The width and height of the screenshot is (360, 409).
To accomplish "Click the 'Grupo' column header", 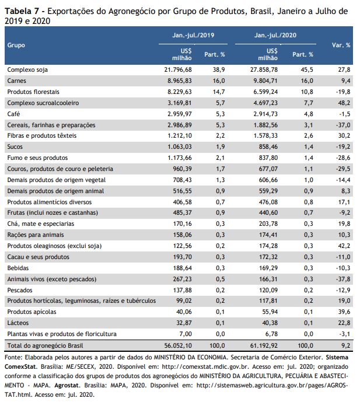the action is (16, 45).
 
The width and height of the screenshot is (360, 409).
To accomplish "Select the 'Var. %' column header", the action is (341, 45).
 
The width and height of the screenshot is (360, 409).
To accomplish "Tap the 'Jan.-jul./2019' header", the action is (193, 35).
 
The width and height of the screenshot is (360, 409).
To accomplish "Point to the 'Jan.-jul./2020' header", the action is (275, 35).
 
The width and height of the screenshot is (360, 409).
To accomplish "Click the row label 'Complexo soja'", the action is (27, 69).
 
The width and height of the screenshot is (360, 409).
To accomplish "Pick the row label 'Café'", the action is (13, 114).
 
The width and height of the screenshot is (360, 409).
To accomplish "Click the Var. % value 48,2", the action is (344, 103).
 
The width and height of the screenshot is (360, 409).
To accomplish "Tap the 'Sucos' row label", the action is (15, 146).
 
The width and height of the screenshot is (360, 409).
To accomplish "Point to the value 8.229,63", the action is (180, 92).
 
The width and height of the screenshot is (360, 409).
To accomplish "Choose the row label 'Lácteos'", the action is (18, 323).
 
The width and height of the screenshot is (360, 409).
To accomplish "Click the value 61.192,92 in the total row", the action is (264, 345).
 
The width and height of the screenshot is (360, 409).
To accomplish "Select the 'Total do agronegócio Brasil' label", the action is (45, 345).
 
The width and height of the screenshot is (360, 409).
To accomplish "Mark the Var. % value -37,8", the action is (343, 279).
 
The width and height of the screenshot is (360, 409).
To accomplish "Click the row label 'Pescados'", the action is (20, 290).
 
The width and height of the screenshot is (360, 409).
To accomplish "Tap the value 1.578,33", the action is (265, 135).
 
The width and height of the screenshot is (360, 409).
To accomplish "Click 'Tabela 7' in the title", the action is (22, 11).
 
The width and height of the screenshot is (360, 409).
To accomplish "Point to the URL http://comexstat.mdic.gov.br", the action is (205, 366).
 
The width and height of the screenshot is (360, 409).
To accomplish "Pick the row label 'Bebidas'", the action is (18, 268).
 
